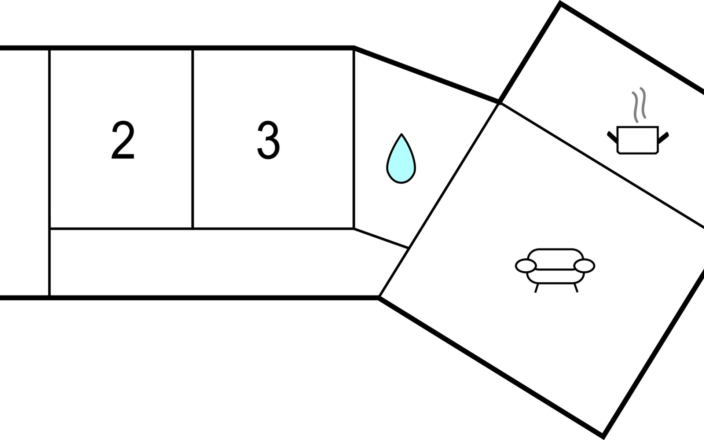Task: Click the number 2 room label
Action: coord(123,140)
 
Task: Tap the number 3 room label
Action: coord(268,140)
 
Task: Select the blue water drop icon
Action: coord(401,161)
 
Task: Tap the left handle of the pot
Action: coord(612,136)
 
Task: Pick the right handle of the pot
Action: coord(664,137)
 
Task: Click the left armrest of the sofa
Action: coord(526,266)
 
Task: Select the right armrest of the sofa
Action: coord(584,266)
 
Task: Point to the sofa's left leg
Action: coord(536,288)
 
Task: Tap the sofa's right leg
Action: coord(576,288)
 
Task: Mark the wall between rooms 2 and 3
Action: coord(192,139)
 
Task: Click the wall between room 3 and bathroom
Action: coord(354,139)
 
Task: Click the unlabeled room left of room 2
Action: coord(24,172)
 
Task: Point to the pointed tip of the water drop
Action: coord(401,135)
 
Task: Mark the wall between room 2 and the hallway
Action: coord(121,229)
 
